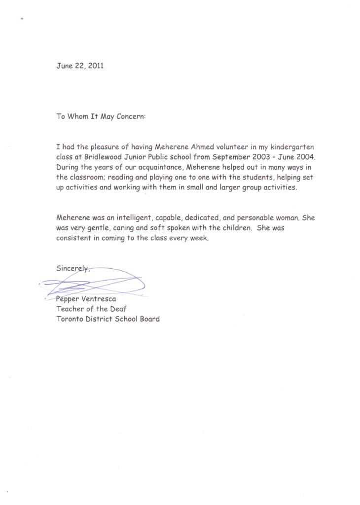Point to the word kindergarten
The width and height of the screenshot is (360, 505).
pos(290,147)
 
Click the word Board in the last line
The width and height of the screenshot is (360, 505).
pos(149,319)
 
